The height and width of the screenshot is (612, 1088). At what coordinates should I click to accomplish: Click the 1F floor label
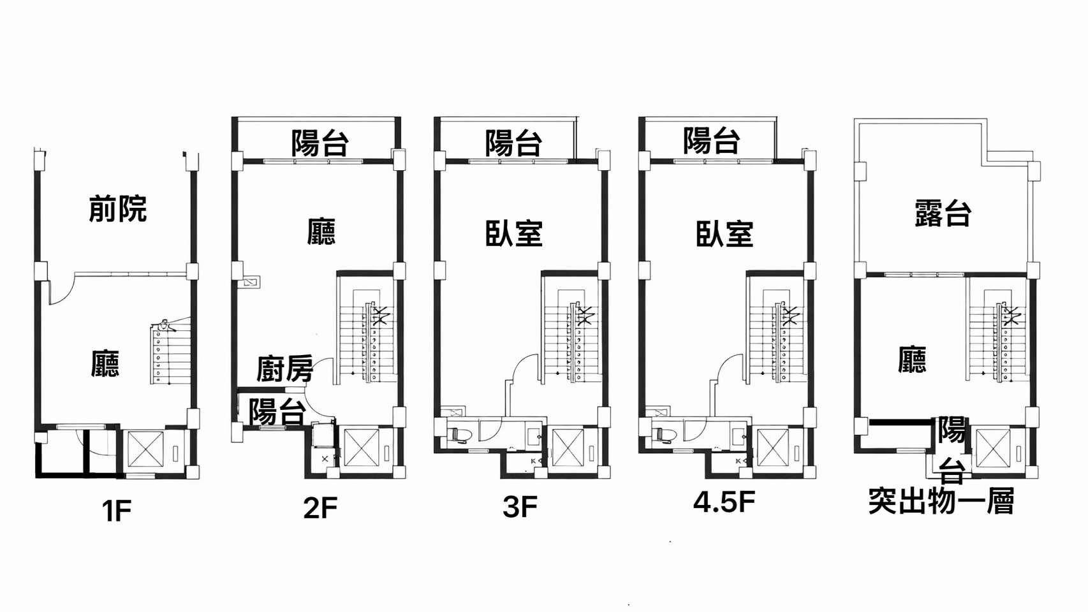[x=117, y=511]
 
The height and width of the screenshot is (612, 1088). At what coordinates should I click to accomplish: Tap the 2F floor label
[x=320, y=508]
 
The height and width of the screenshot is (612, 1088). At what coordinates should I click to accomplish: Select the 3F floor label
[x=520, y=507]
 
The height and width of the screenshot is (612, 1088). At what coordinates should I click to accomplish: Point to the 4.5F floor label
[x=724, y=502]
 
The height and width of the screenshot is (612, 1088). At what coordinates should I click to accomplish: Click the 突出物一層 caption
[x=941, y=502]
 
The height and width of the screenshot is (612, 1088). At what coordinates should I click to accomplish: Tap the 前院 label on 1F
[x=117, y=208]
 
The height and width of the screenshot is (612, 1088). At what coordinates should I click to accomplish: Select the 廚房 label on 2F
[x=284, y=368]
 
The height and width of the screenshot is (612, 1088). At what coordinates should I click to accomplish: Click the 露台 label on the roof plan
[x=943, y=213]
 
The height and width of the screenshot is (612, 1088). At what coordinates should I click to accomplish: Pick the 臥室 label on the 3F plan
[x=513, y=233]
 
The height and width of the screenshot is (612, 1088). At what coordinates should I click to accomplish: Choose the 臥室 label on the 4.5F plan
[x=724, y=233]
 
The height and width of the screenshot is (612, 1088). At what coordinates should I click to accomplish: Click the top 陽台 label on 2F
[x=320, y=143]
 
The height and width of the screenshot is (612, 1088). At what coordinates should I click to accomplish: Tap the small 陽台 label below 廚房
[x=276, y=412]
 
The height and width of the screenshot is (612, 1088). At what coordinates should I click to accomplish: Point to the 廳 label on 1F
[x=105, y=363]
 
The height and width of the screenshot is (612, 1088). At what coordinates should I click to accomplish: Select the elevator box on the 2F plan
[x=361, y=448]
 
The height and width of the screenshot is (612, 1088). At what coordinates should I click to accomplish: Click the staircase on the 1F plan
[x=172, y=354]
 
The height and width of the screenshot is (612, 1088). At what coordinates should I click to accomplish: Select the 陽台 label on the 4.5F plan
[x=711, y=140]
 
